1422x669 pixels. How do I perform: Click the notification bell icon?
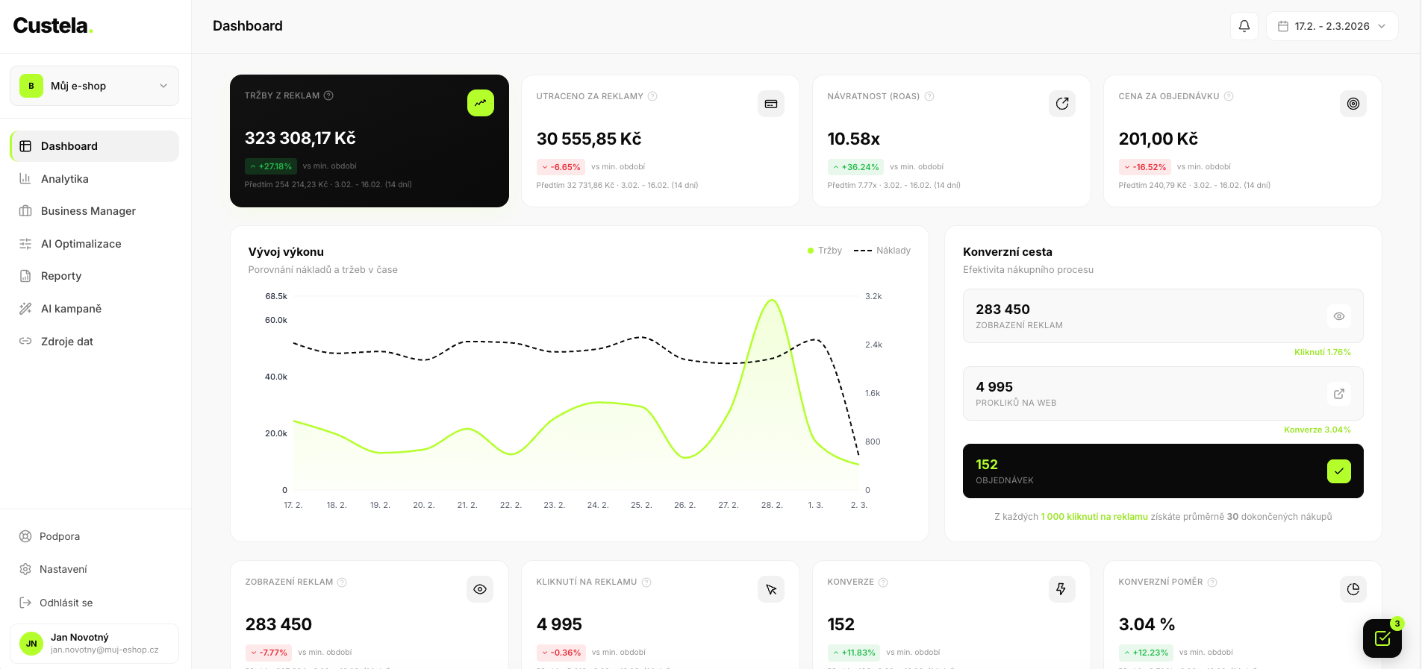tap(1244, 26)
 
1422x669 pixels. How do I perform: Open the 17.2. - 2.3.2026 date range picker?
tap(1332, 26)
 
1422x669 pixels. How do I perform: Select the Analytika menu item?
tap(65, 179)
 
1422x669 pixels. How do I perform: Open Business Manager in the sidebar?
tap(88, 211)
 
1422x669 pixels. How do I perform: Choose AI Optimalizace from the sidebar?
tap(81, 244)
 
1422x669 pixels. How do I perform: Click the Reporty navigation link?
tap(61, 276)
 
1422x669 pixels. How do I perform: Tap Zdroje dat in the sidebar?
tap(67, 342)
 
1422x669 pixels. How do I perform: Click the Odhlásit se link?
tap(66, 603)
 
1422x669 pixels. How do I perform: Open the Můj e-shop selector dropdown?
tap(94, 86)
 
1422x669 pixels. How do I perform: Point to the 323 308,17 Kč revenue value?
tap(300, 138)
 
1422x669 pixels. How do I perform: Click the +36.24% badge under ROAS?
tap(855, 167)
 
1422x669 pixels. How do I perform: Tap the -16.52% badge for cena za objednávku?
tap(1144, 167)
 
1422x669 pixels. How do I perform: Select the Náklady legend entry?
tap(882, 251)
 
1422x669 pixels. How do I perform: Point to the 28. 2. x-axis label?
tap(772, 505)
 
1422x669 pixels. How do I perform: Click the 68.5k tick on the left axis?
tap(276, 296)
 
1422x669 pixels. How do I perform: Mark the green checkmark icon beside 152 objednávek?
tap(1338, 471)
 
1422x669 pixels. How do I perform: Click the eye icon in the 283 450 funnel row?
tap(1338, 316)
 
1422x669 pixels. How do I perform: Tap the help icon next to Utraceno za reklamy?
tap(652, 96)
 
